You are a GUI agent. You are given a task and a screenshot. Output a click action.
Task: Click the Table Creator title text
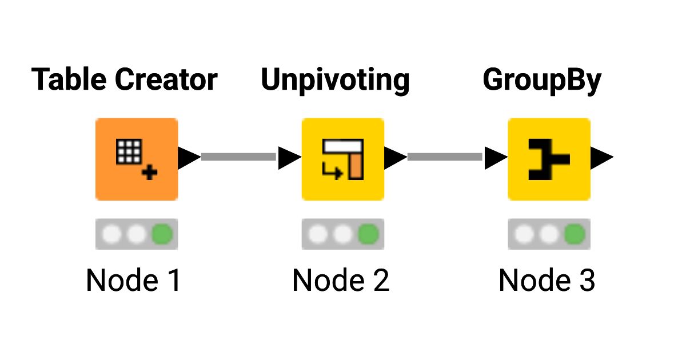[124, 80]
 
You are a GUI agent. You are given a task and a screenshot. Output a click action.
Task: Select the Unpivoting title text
[335, 80]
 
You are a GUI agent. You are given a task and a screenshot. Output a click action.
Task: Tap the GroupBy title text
[542, 80]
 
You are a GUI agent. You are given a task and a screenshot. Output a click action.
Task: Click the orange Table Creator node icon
[137, 159]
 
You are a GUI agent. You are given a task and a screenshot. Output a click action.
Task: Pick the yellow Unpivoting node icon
[343, 159]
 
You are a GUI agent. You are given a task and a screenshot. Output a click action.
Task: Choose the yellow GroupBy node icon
[549, 159]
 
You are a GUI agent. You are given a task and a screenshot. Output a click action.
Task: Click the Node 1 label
[133, 281]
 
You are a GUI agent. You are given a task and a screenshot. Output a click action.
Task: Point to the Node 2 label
[341, 281]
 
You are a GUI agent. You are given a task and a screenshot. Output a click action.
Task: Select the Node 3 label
[547, 281]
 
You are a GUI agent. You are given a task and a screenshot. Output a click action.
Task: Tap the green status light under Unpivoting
[369, 234]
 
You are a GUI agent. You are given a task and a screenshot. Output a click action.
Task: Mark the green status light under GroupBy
[575, 234]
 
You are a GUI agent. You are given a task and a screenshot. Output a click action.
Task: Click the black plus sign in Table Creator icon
[150, 172]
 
